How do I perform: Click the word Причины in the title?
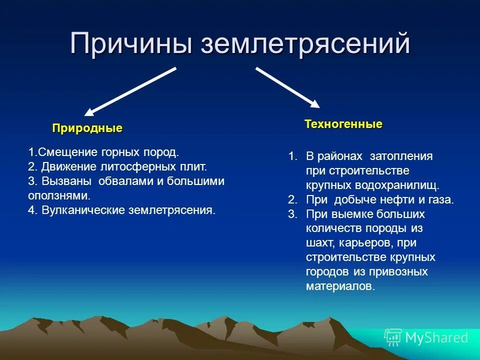pyautogui.click(x=131, y=43)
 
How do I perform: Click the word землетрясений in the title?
pyautogui.click(x=305, y=43)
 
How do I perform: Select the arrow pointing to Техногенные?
pyautogui.click(x=287, y=87)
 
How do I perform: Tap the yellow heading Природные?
pyautogui.click(x=87, y=128)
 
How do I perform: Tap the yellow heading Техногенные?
pyautogui.click(x=343, y=124)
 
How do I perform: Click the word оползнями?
pyautogui.click(x=58, y=195)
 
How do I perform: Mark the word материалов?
pyautogui.click(x=340, y=286)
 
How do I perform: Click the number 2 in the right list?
pyautogui.click(x=292, y=199)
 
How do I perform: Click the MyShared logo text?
pyautogui.click(x=436, y=338)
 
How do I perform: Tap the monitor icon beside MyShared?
pyautogui.click(x=393, y=337)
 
